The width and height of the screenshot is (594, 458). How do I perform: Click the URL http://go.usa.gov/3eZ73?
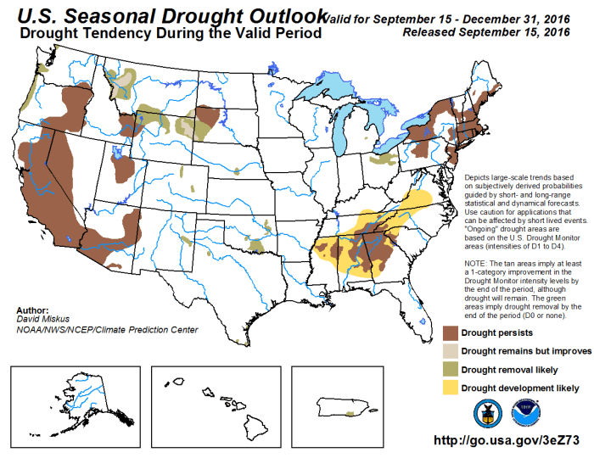point(510,441)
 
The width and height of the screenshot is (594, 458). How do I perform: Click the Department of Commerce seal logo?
point(488,411)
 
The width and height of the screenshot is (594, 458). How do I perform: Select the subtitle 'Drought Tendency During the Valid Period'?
point(170,35)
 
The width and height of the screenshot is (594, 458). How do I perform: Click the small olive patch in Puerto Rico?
point(350,414)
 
